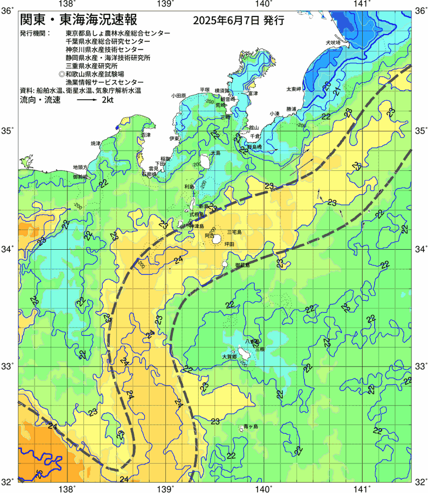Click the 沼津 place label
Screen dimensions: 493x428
point(146,134)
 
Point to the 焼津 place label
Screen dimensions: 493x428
point(96,143)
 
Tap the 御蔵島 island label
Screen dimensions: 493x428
point(242,265)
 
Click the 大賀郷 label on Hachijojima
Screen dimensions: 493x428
point(229,357)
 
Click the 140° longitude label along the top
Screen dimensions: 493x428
point(263,4)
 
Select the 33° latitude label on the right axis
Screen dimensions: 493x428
point(420,365)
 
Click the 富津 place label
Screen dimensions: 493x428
point(252,94)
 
